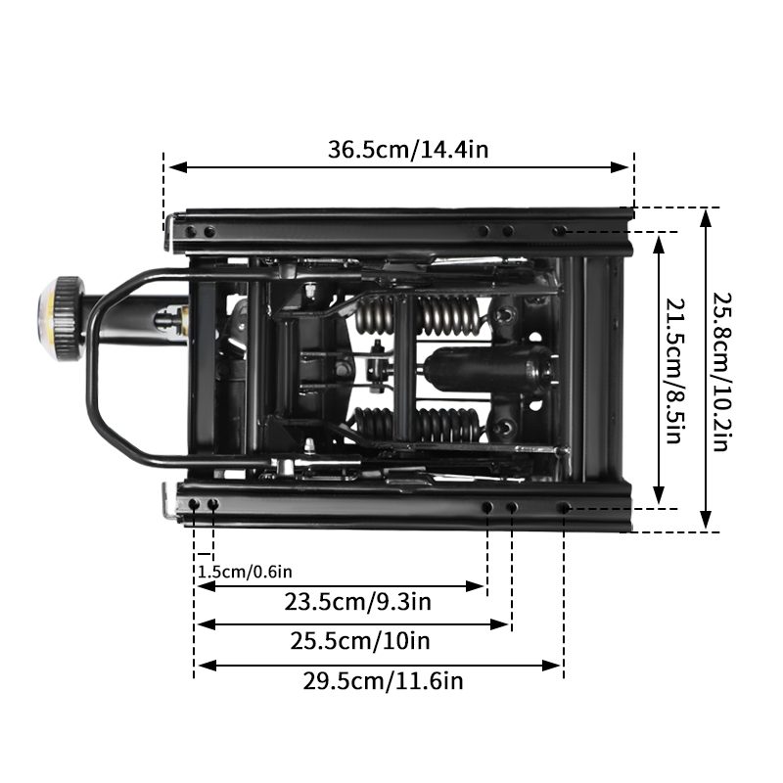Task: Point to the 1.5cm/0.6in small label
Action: tap(245, 572)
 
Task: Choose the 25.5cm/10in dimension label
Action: tap(360, 641)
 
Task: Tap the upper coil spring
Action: tap(416, 315)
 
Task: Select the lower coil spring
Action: tap(416, 423)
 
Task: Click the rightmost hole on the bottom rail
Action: tap(563, 508)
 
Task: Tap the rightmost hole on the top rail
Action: tap(558, 231)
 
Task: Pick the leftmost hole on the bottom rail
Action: tap(195, 504)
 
